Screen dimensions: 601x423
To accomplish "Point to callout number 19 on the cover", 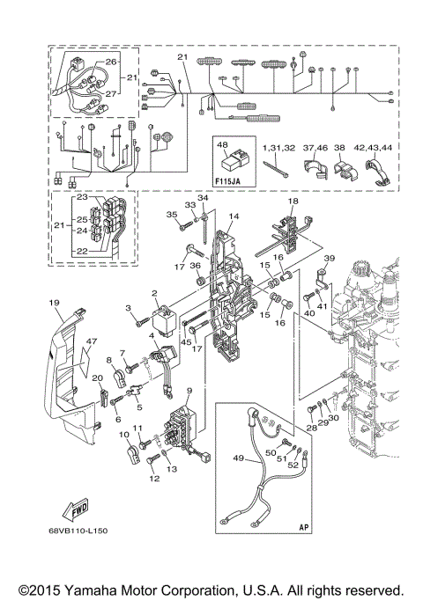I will pyautogui.click(x=54, y=304).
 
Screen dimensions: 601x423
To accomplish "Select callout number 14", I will pyautogui.click(x=234, y=216).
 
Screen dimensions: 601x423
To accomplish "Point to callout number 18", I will pyautogui.click(x=293, y=202).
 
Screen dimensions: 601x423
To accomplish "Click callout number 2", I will pyautogui.click(x=154, y=294).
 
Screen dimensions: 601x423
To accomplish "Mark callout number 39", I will pyautogui.click(x=328, y=258).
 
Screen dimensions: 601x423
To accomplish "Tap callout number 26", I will pyautogui.click(x=111, y=62).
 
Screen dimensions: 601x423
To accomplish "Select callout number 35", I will pyautogui.click(x=173, y=214).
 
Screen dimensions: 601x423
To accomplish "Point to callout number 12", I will pyautogui.click(x=155, y=479).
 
